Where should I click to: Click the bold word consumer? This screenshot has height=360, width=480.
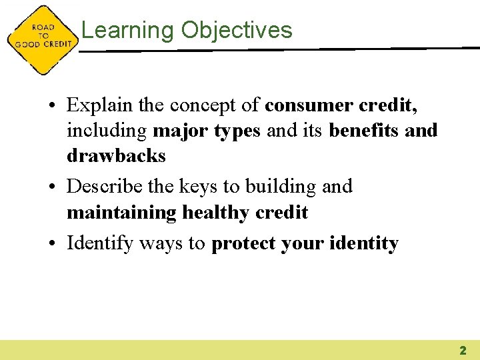(307, 105)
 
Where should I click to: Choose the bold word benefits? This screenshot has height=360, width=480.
(364, 130)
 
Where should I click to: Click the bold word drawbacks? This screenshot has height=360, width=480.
(116, 155)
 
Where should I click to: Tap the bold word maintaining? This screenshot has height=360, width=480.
(121, 212)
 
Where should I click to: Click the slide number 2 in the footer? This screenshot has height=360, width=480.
(463, 350)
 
